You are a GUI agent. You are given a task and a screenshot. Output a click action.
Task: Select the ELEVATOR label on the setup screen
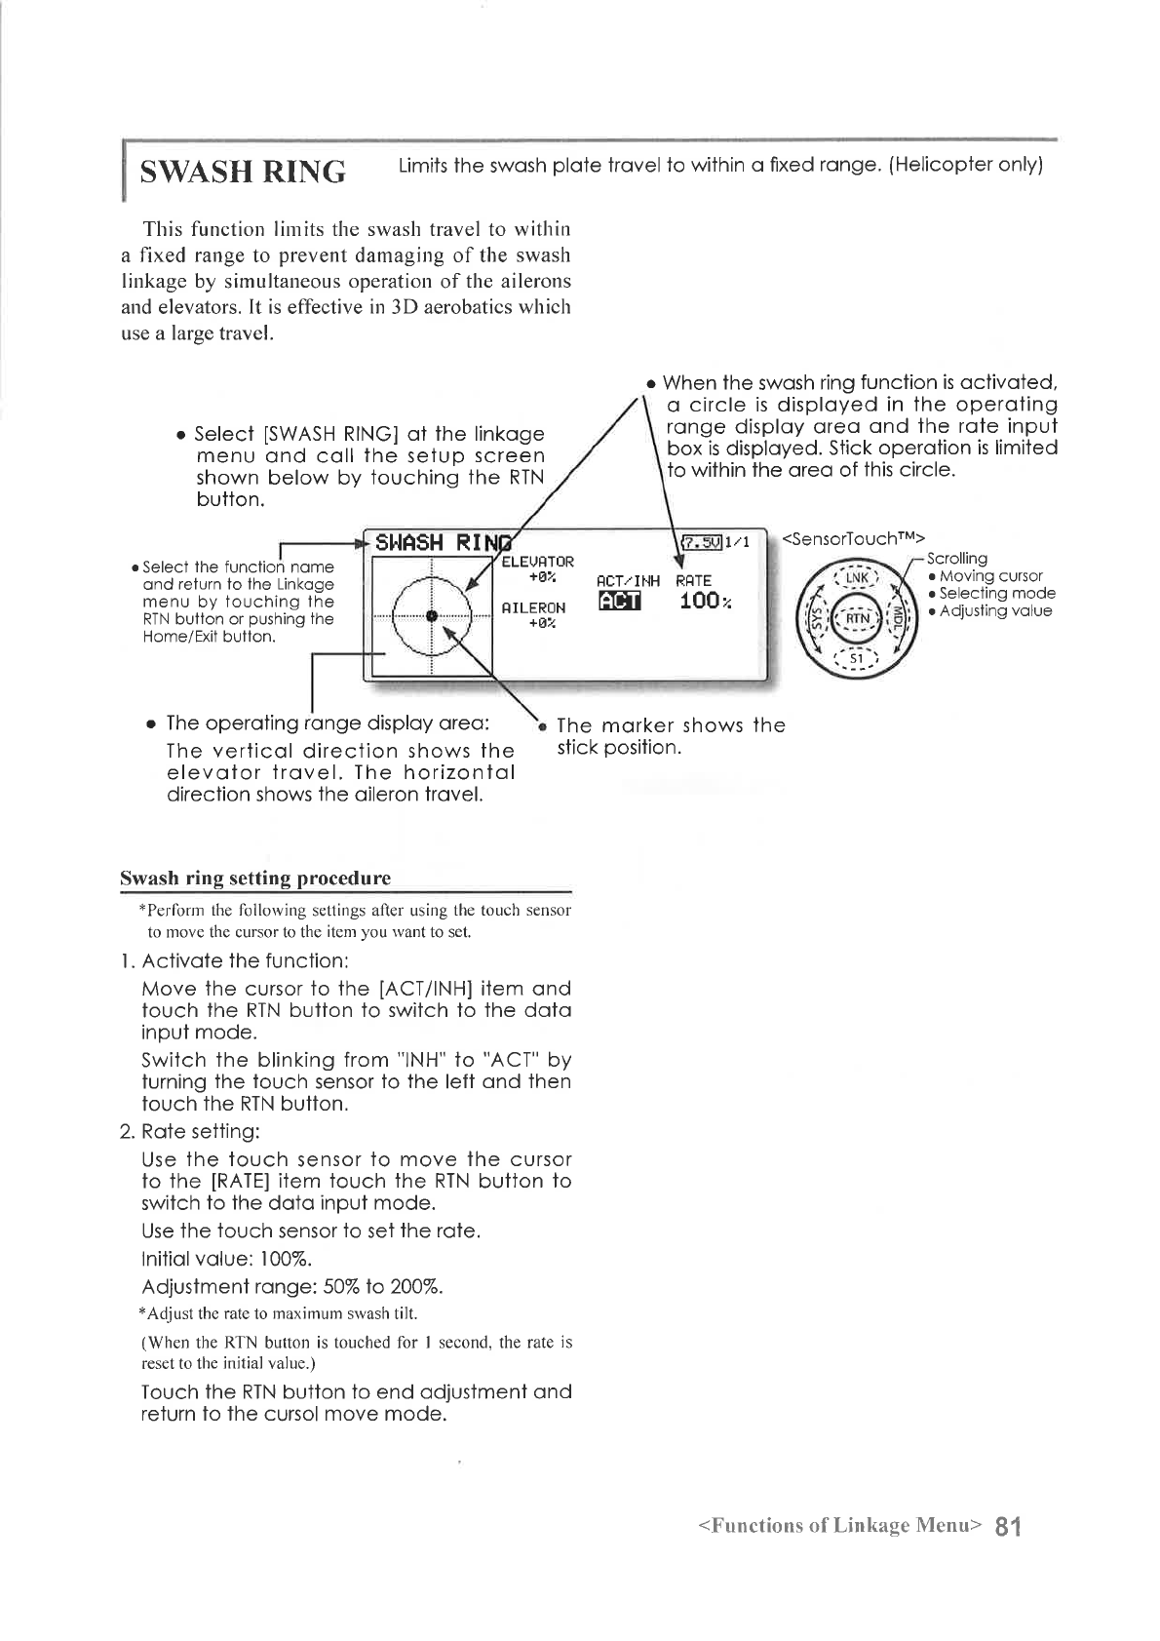pos(537,562)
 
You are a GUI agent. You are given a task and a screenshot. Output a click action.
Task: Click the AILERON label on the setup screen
pos(532,607)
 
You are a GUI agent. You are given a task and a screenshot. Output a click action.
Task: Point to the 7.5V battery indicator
pos(701,543)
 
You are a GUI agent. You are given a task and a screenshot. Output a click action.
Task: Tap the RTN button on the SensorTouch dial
pos(856,618)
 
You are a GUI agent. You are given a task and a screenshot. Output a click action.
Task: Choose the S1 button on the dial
pos(856,659)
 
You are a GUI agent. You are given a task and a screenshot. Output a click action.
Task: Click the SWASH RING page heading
pos(243,173)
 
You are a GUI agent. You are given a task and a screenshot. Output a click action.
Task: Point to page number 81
pos(1008,1526)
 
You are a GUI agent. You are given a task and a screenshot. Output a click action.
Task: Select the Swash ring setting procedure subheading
pos(255,878)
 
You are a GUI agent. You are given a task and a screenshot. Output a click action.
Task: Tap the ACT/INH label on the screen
pos(627,581)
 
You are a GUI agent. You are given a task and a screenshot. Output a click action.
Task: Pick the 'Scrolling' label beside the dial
pos(956,559)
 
